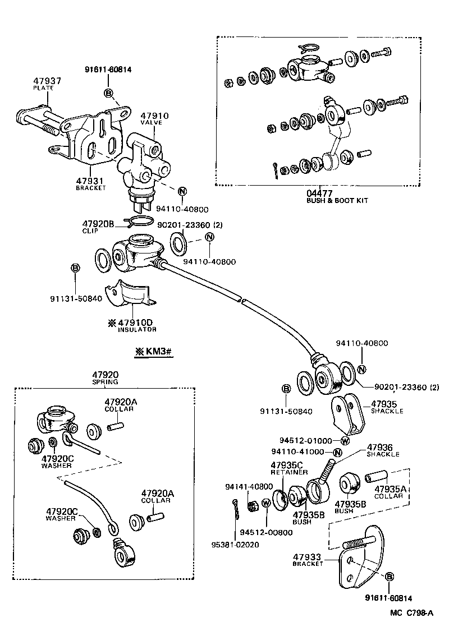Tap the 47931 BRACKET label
[90, 183]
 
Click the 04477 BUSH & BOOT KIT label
[336, 196]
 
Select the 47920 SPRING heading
[105, 378]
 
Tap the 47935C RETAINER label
[286, 468]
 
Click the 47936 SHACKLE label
[383, 450]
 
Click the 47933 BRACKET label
[308, 560]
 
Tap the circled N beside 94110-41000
[337, 453]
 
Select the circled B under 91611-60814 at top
[108, 93]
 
